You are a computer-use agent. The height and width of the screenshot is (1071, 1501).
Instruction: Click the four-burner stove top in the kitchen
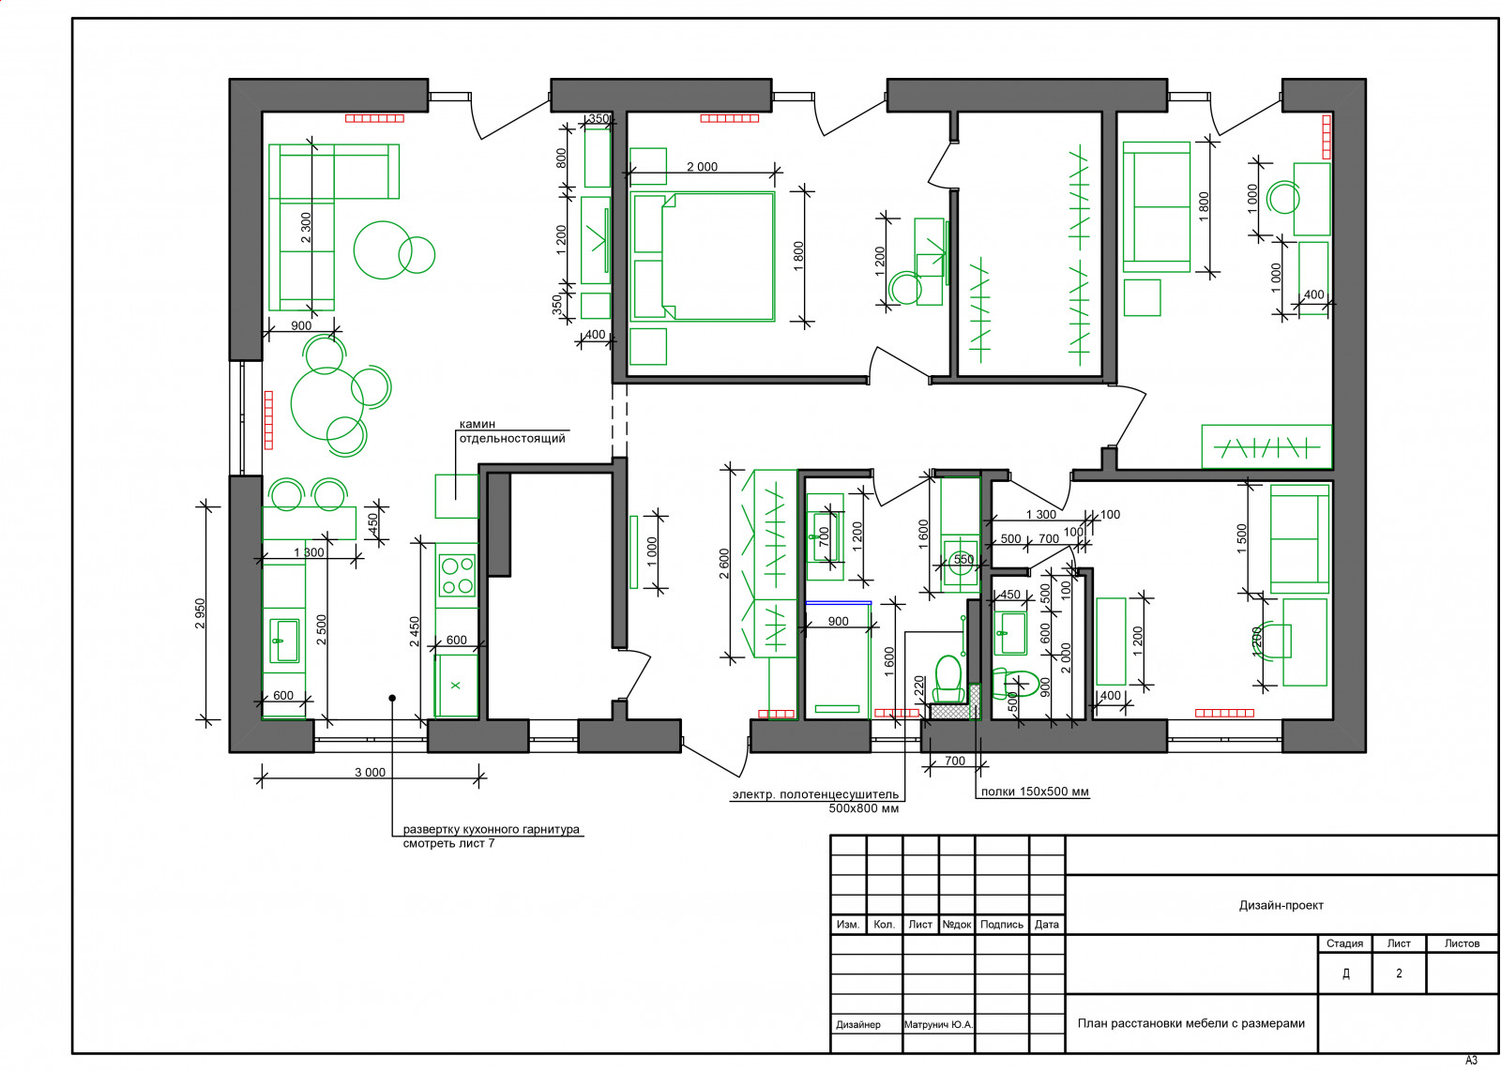click(457, 575)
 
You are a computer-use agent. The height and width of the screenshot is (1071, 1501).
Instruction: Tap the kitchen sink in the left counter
click(284, 641)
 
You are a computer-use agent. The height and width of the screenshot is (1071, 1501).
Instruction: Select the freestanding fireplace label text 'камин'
click(478, 424)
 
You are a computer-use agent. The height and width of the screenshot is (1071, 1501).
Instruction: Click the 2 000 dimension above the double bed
click(702, 167)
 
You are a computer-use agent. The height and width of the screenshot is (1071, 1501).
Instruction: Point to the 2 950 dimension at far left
click(201, 613)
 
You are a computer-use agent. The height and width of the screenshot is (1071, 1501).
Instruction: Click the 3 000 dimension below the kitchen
click(370, 772)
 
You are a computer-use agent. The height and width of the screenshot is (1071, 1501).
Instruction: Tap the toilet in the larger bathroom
click(948, 678)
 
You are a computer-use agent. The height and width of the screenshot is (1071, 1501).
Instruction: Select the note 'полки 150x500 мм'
click(1035, 792)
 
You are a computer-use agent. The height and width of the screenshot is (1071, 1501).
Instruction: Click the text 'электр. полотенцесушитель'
click(815, 794)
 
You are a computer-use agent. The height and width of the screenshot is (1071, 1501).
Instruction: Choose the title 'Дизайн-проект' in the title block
click(1281, 906)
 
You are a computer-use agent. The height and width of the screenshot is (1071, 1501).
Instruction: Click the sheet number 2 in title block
click(1399, 973)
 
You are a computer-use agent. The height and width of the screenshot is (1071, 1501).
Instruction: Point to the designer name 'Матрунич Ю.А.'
click(938, 1025)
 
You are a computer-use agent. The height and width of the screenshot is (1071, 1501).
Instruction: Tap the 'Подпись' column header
click(1002, 925)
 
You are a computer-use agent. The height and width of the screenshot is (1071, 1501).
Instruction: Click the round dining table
click(326, 404)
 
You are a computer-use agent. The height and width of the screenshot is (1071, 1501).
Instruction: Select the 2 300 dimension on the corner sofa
click(306, 228)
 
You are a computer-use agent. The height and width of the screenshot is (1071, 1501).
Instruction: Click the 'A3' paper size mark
click(1471, 1061)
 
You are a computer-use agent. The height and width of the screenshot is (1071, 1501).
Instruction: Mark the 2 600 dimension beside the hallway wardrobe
click(723, 564)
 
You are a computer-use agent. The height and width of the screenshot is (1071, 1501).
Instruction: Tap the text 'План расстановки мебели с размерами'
click(1190, 1023)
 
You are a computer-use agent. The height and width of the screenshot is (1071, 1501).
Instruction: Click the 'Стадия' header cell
click(1344, 943)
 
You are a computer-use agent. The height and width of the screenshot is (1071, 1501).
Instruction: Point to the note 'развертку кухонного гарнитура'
click(491, 829)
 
